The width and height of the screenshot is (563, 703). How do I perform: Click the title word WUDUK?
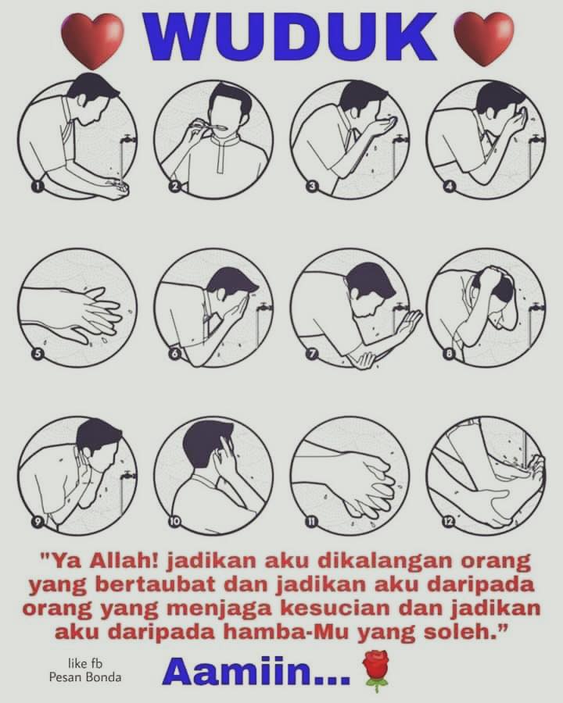click(x=289, y=36)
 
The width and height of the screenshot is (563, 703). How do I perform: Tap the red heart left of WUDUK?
click(x=92, y=40)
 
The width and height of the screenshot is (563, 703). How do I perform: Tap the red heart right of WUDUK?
click(x=484, y=38)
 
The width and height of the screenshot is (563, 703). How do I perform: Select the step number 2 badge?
click(x=174, y=187)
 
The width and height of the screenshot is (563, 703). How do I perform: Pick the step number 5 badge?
click(x=38, y=354)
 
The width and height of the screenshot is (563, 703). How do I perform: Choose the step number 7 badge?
click(x=311, y=354)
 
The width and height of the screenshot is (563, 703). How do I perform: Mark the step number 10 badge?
click(x=174, y=521)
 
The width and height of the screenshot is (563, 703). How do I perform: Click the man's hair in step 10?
click(x=205, y=444)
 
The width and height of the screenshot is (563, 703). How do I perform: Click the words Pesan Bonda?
click(x=85, y=677)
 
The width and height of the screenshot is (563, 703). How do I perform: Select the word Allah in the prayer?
click(x=123, y=561)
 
